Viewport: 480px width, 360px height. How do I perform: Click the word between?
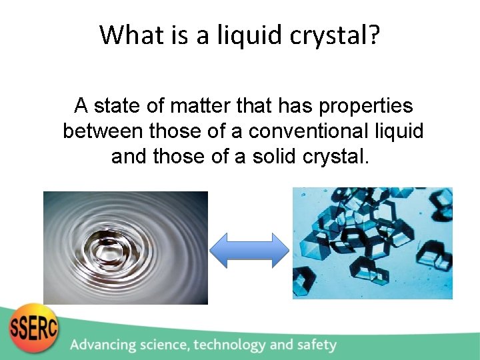(x=103, y=131)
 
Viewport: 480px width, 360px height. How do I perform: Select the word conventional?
(x=308, y=131)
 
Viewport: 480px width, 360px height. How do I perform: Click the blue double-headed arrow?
(x=249, y=250)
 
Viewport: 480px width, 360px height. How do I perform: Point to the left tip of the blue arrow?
(x=212, y=250)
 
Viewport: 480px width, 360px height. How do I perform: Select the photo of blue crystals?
(x=373, y=243)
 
